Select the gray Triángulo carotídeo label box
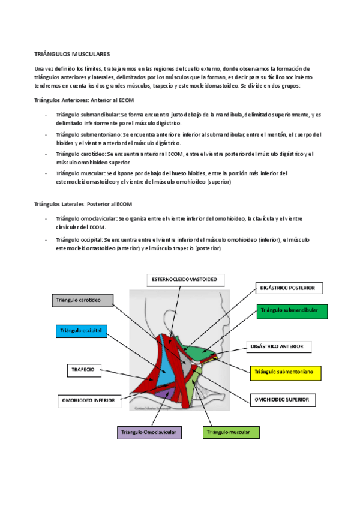point(81,299)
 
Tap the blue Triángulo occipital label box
point(81,331)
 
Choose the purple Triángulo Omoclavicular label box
point(148,432)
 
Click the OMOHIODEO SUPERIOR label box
point(282,399)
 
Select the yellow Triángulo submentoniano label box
point(286,372)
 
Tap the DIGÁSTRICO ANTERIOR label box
point(280,347)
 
